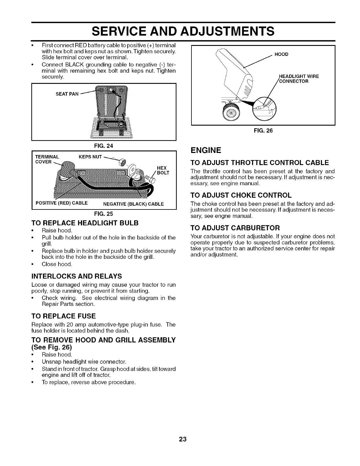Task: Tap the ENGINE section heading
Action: (205, 151)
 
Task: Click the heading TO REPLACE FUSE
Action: (64, 316)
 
